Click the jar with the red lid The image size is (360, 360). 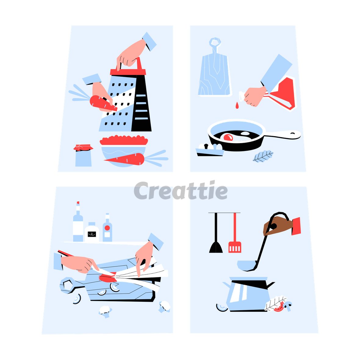(83, 155)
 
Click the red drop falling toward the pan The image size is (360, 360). (237, 105)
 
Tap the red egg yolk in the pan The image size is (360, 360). (228, 137)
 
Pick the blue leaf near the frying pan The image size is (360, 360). (263, 156)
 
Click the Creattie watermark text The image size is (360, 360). (181, 190)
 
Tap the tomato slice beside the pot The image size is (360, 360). (279, 307)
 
